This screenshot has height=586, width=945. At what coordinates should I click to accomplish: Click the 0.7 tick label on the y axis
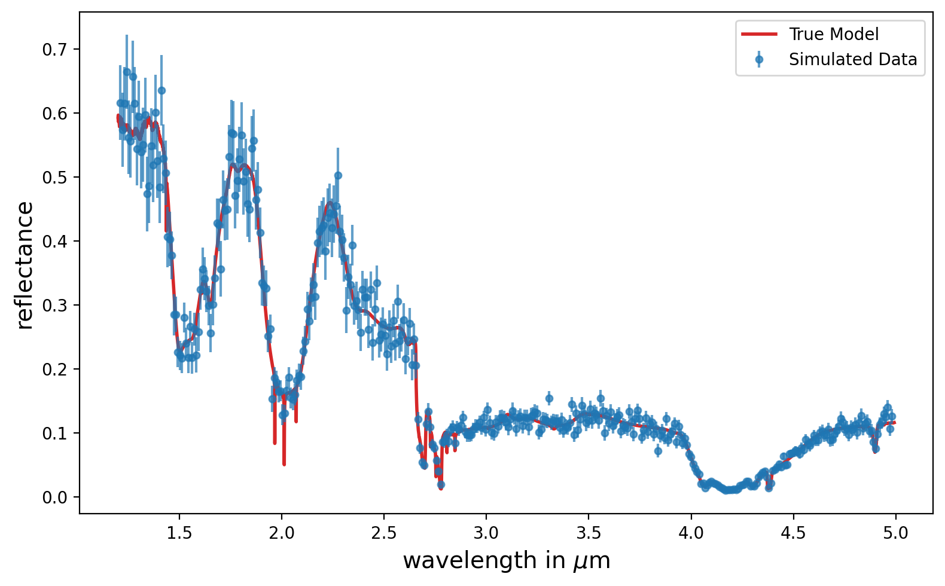click(55, 50)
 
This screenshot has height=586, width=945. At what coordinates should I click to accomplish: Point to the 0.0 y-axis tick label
click(55, 498)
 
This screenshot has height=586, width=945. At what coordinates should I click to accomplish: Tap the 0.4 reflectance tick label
click(55, 242)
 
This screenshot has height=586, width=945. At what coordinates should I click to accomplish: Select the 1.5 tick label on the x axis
click(179, 533)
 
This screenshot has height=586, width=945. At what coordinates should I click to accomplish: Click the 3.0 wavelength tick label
click(486, 533)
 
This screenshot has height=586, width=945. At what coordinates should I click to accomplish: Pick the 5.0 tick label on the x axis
click(895, 533)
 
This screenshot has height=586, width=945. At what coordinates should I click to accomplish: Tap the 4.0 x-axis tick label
click(691, 533)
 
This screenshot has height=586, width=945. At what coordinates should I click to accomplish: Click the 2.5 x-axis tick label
click(384, 533)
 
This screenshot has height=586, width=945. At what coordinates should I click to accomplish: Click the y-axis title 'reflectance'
click(25, 265)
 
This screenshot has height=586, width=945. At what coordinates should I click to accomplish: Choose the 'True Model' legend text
click(834, 34)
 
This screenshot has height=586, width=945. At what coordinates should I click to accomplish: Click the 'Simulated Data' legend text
click(853, 59)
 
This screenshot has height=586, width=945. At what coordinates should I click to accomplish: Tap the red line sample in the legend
click(759, 34)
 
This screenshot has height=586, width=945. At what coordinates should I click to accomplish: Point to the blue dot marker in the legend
click(759, 60)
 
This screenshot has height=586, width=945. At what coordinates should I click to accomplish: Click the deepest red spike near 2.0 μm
click(284, 463)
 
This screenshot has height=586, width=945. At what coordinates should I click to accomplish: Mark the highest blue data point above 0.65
click(127, 72)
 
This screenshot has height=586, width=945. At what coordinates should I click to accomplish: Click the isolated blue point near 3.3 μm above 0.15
click(549, 398)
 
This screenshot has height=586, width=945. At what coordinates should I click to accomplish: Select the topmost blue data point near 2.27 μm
click(338, 176)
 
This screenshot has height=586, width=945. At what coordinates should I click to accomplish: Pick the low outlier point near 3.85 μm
click(658, 451)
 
